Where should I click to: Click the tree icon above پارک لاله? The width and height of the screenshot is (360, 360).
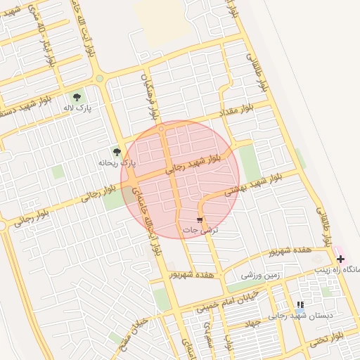77,97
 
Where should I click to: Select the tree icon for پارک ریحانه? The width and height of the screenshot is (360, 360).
117,151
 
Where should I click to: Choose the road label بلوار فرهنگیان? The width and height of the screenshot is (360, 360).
153,95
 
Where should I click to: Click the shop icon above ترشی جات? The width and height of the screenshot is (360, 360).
210,221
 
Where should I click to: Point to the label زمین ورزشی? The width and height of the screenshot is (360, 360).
261,276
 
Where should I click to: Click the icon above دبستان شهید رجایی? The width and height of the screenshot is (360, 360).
301,305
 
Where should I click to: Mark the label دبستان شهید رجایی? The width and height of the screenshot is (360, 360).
306,316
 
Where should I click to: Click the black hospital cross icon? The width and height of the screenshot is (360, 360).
342,259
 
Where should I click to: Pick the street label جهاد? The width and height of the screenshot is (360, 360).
253,323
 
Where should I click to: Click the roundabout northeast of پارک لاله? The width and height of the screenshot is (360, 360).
100,79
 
